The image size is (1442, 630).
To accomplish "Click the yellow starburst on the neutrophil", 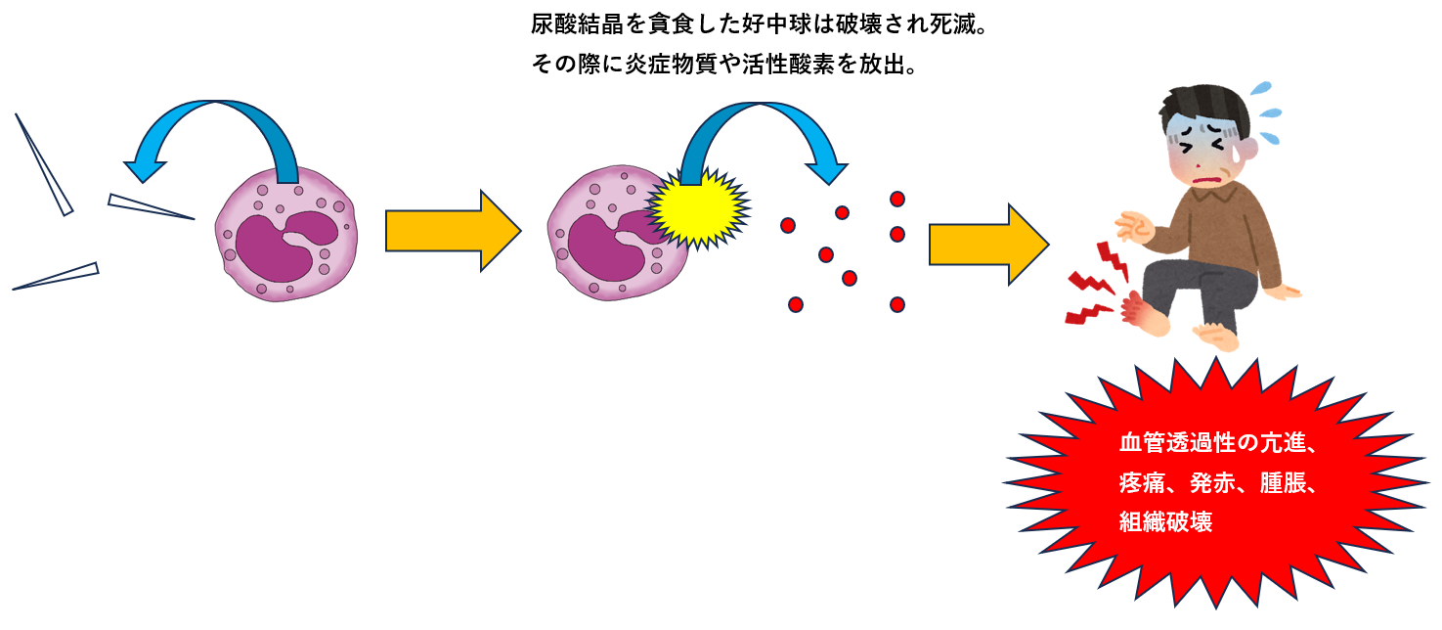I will [x=697, y=207].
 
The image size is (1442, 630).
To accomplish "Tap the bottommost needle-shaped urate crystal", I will [x=57, y=276].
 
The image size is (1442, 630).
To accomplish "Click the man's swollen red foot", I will [x=1144, y=315].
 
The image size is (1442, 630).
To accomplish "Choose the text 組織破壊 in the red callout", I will [x=1165, y=522].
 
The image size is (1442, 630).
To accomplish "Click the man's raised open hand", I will [x=1135, y=226].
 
